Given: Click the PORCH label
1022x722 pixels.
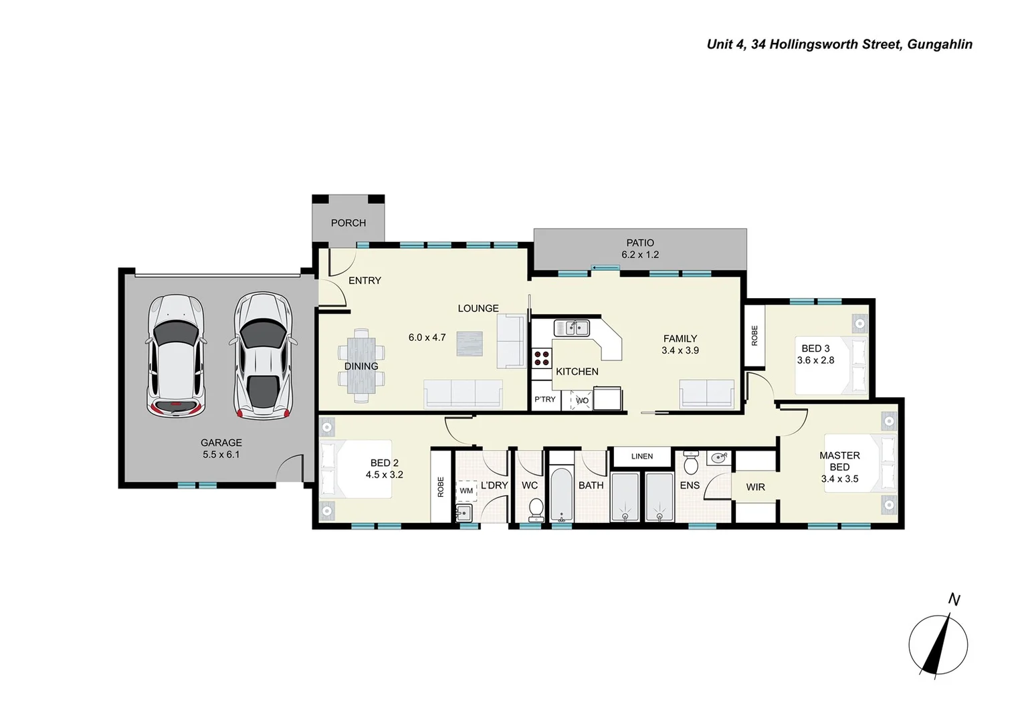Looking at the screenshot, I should [348, 223].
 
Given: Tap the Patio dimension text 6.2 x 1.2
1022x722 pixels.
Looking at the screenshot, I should [639, 255].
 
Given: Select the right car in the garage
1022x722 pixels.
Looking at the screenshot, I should [263, 356].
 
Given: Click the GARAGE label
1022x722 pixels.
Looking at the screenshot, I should [221, 443].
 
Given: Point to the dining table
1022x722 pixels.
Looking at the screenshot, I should [361, 366].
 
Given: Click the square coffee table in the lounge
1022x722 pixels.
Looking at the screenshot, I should [469, 344].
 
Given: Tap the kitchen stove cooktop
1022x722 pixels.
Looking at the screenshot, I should [541, 358].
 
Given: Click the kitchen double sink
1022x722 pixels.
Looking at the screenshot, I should [571, 328].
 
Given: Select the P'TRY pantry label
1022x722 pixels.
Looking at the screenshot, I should [544, 399].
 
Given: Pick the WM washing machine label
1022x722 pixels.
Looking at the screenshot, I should [466, 491].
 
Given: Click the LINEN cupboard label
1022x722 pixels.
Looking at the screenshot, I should [641, 456].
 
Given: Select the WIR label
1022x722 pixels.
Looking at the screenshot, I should [755, 487].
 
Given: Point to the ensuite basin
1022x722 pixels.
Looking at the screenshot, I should [718, 458].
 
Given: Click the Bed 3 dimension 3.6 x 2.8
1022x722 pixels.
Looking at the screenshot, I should [815, 360].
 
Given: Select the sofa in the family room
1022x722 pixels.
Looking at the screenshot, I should [707, 394].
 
